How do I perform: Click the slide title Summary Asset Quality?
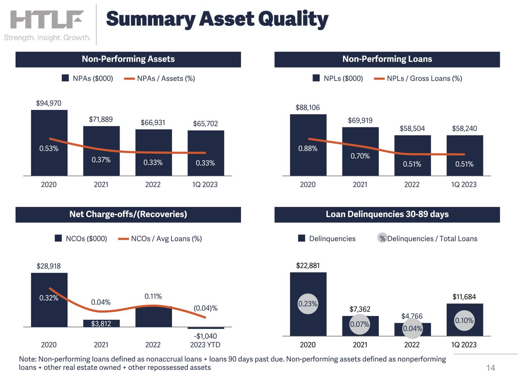(x=217, y=19)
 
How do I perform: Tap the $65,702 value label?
(x=205, y=124)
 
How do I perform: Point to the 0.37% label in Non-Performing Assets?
(x=101, y=160)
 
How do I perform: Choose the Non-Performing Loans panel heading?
(x=387, y=59)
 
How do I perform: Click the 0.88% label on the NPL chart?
(x=308, y=149)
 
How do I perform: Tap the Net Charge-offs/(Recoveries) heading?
(x=128, y=214)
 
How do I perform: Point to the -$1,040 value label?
(x=205, y=336)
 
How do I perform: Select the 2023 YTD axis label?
(x=205, y=345)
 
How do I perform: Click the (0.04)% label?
(x=206, y=308)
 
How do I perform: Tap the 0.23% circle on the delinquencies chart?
(x=308, y=304)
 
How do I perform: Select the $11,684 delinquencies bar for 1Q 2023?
(x=464, y=330)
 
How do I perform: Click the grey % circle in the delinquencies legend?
(x=383, y=238)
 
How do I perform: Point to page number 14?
(x=491, y=368)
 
